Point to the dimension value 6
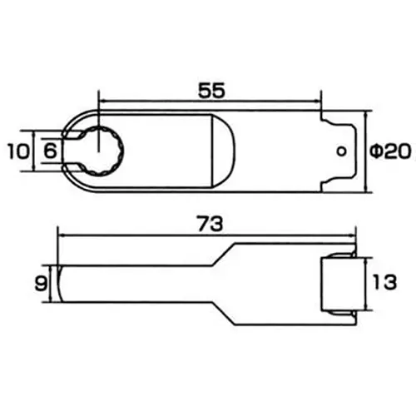tap(49, 151)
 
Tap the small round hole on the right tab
tap(341, 151)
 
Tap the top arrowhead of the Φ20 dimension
tap(365, 116)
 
